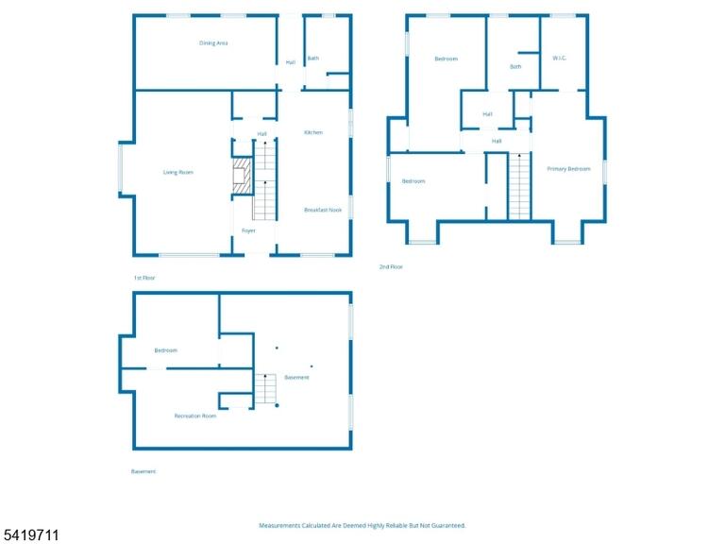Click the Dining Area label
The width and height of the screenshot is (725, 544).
(x=213, y=43)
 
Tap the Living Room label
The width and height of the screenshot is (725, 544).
(x=178, y=172)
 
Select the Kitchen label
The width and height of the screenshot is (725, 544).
(x=313, y=132)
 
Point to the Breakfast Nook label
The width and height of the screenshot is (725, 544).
(x=323, y=210)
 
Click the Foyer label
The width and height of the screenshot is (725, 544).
(x=248, y=230)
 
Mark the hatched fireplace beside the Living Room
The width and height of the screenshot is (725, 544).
(x=242, y=177)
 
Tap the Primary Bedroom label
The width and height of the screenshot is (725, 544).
(x=568, y=169)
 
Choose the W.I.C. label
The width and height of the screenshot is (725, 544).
(x=559, y=59)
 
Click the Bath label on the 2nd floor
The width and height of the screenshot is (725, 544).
(x=515, y=67)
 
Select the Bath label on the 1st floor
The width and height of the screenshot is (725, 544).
(x=313, y=59)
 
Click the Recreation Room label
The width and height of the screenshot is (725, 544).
(x=195, y=416)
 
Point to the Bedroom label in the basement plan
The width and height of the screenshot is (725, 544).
(x=165, y=350)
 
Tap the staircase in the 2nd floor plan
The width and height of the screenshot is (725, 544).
(x=519, y=186)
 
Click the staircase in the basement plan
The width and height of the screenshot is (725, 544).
(x=265, y=388)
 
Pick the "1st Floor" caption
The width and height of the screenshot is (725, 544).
(x=144, y=278)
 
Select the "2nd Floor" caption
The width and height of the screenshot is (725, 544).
(x=391, y=267)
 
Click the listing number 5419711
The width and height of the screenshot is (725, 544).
(x=29, y=535)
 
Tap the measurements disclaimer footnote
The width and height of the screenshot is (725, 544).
(x=362, y=525)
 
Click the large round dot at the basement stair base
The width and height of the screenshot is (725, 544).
(x=277, y=406)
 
